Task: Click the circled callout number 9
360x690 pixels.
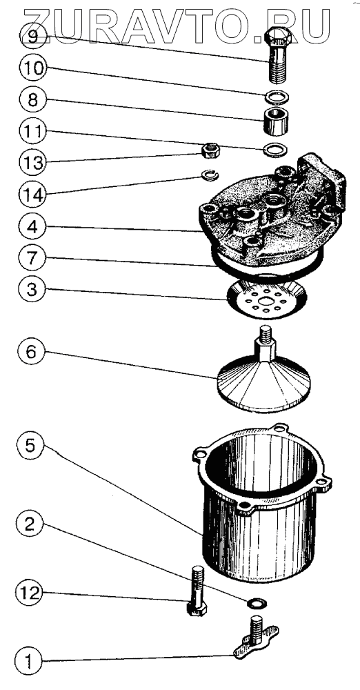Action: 32,36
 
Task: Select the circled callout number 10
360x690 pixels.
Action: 32,68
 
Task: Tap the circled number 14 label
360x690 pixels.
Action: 32,194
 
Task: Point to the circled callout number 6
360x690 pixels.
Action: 31,352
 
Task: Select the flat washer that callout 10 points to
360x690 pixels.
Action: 276,96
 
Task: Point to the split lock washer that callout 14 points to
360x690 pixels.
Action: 210,175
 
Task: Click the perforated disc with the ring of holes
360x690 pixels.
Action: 266,299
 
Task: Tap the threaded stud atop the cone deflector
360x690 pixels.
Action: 266,335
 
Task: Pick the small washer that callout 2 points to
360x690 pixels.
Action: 254,602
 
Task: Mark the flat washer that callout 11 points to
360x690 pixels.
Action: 274,150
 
